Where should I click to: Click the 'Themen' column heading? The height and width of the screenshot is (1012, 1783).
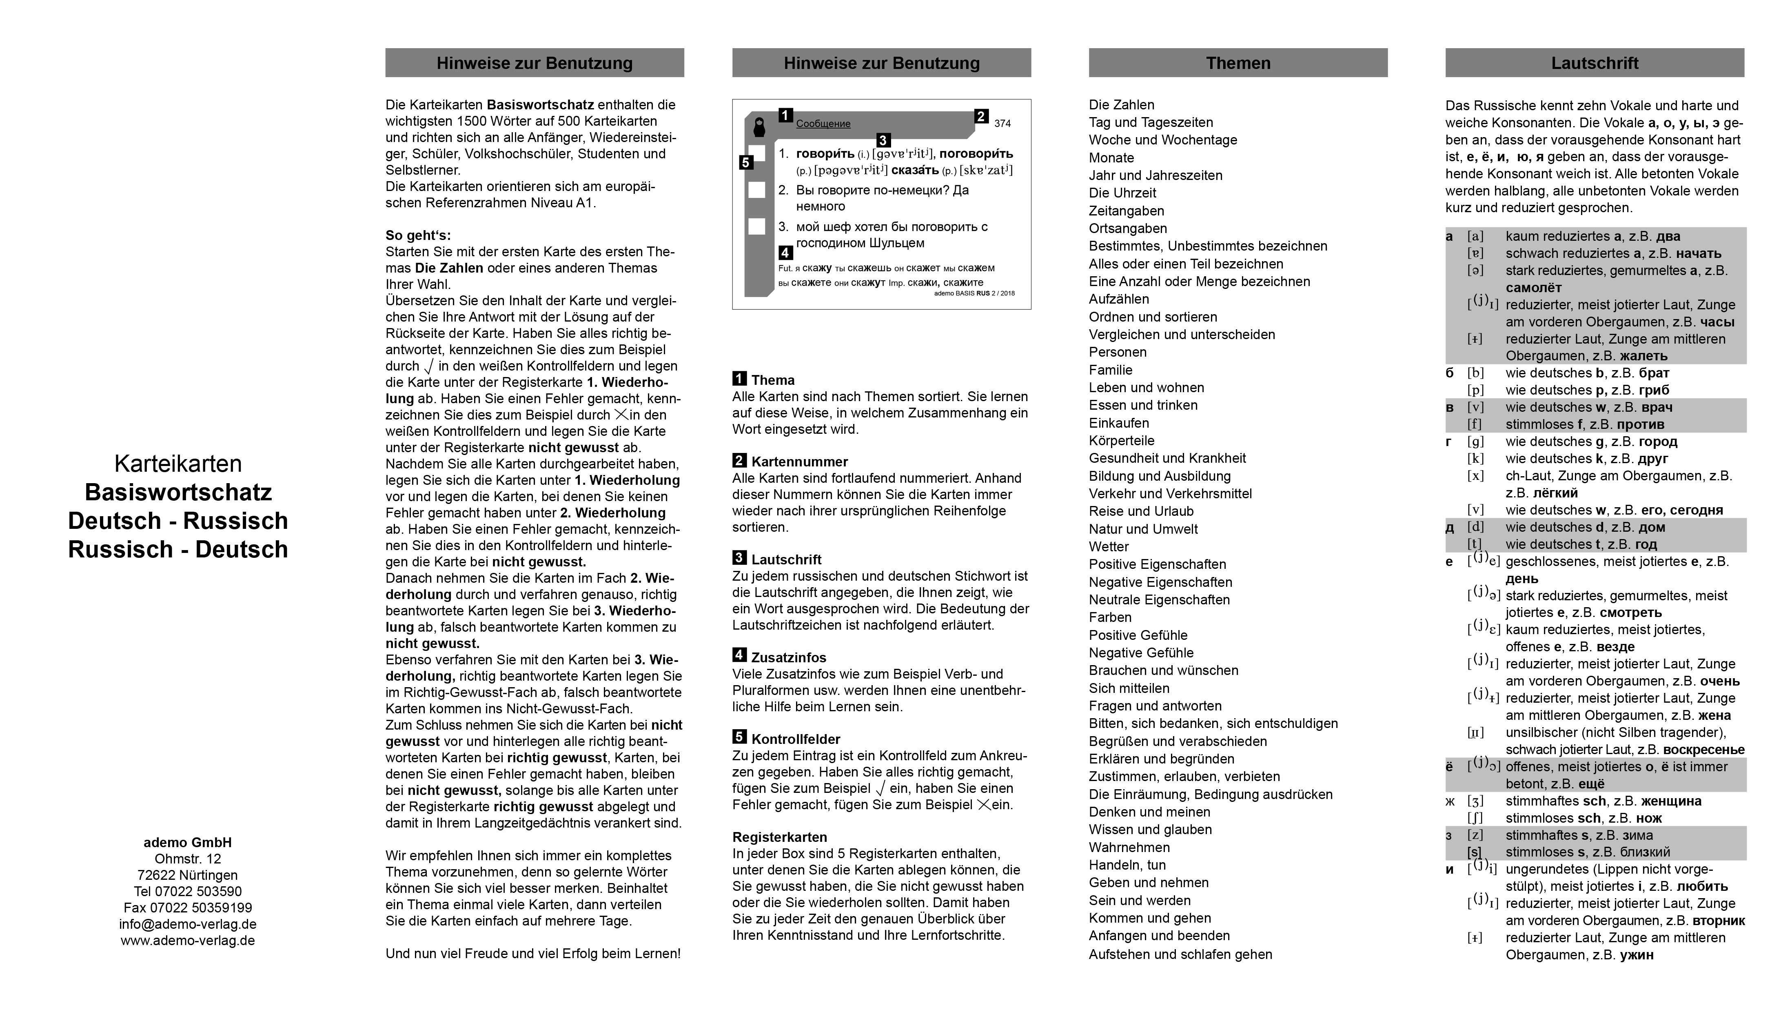pos(1237,63)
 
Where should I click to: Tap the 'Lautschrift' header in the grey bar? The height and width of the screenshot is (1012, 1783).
pos(1594,63)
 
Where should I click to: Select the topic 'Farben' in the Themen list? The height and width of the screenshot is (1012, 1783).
pos(1110,617)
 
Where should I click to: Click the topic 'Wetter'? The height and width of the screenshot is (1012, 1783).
pos(1108,547)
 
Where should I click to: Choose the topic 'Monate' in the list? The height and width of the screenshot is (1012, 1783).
pos(1111,158)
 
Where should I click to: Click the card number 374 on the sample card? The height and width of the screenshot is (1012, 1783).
pos(1002,124)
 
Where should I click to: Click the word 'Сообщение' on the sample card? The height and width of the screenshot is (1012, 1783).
pos(823,124)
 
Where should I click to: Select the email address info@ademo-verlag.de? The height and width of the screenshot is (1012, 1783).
pos(188,924)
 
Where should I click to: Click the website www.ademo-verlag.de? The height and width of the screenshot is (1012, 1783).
pos(188,941)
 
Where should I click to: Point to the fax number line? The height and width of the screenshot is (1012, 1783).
pos(188,908)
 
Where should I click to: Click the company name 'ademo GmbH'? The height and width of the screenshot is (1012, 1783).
pos(188,842)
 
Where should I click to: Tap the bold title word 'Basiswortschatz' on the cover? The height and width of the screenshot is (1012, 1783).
pos(178,492)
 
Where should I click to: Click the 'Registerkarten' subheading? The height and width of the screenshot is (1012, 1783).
pos(779,837)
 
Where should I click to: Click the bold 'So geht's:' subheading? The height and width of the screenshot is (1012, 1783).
pos(418,235)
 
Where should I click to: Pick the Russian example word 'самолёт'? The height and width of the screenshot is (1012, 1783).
pos(1534,288)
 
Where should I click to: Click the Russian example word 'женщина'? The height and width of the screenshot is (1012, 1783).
pos(1670,801)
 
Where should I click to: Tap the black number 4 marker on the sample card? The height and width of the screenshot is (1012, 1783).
pos(785,252)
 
